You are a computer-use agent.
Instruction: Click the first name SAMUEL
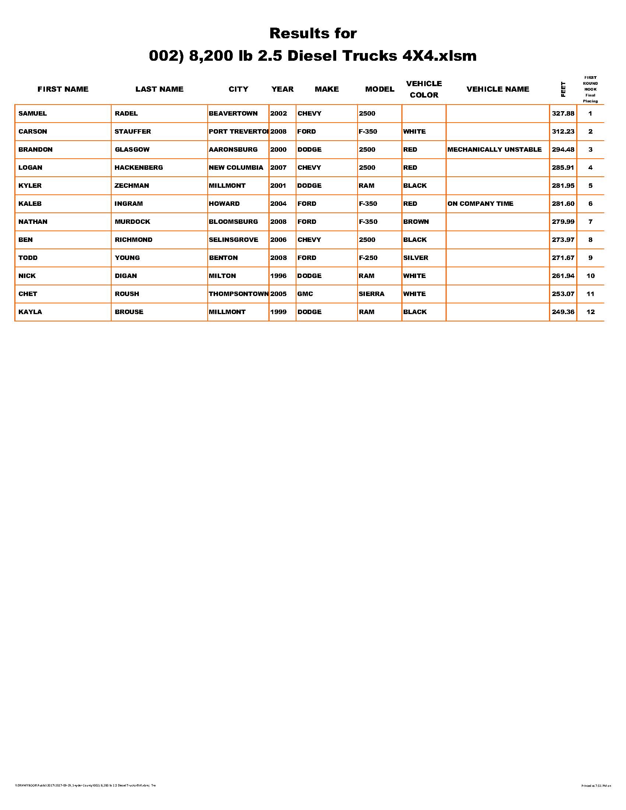[x=33, y=113]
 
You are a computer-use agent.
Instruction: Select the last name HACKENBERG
[x=139, y=168]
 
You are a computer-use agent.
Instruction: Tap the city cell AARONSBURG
[x=233, y=149]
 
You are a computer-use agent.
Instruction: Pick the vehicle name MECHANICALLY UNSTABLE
[x=494, y=149]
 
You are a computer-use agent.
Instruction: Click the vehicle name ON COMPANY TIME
[x=480, y=204]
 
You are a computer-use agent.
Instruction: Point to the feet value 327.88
[x=563, y=113]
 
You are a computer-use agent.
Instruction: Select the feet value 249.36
[x=563, y=312]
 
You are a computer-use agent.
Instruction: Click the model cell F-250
[x=368, y=258]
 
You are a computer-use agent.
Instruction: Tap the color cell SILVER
[x=415, y=258]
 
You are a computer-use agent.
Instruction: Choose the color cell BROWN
[x=416, y=222]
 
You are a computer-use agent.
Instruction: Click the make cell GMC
[x=305, y=294]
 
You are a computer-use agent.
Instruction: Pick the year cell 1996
[x=278, y=276]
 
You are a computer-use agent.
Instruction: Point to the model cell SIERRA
[x=371, y=294]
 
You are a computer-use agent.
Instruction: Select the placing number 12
[x=590, y=312]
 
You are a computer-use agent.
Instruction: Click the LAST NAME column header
[x=159, y=89]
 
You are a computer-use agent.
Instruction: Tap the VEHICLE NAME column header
[x=498, y=89]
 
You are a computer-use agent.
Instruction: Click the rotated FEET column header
[x=563, y=89]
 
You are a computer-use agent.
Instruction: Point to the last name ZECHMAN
[x=132, y=186]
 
